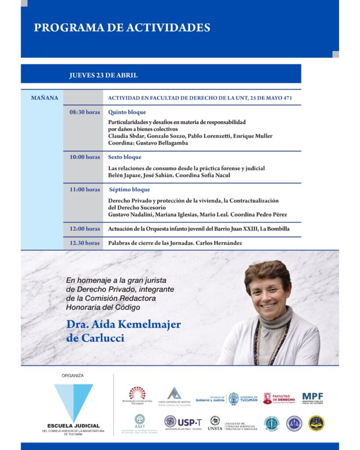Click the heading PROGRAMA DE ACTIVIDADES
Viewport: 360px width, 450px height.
[x=122, y=28]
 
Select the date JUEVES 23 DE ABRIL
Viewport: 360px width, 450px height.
[x=103, y=75]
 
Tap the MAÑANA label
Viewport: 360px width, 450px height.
[x=44, y=98]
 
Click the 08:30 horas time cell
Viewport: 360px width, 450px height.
[x=84, y=112]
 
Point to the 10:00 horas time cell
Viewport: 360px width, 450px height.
[x=84, y=157]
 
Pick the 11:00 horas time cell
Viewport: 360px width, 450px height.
[x=84, y=189]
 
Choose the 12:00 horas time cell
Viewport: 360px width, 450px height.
[x=84, y=229]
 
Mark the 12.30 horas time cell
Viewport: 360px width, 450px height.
[x=84, y=243]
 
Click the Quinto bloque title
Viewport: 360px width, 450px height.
[x=127, y=112]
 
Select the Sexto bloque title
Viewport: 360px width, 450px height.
[x=125, y=157]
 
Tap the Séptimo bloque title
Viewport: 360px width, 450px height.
[x=129, y=189]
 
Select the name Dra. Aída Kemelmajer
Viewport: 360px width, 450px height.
[x=124, y=325]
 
